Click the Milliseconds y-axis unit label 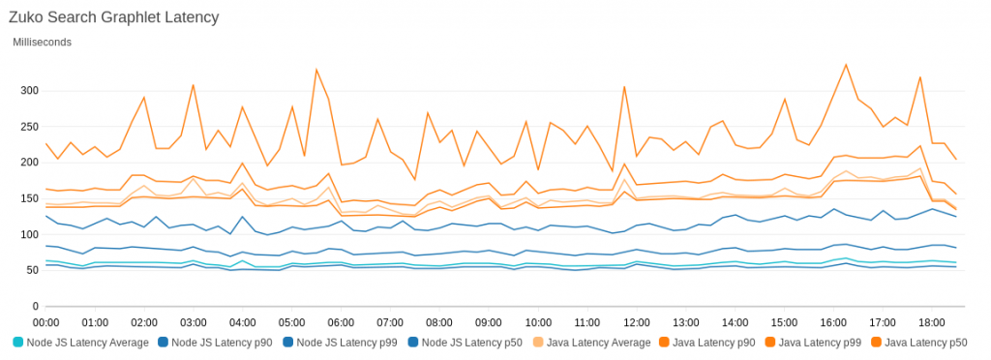point(42,42)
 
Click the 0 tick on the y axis point(34,306)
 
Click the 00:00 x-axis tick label point(46,321)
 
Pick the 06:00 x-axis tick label point(342,321)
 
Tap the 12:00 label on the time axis point(637,321)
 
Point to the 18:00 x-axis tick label point(932,321)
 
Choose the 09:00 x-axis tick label point(489,321)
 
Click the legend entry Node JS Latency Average point(87,343)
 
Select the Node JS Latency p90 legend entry point(220,343)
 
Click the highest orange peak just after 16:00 point(846,65)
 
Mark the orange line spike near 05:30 point(316,70)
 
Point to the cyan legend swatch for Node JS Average point(18,343)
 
